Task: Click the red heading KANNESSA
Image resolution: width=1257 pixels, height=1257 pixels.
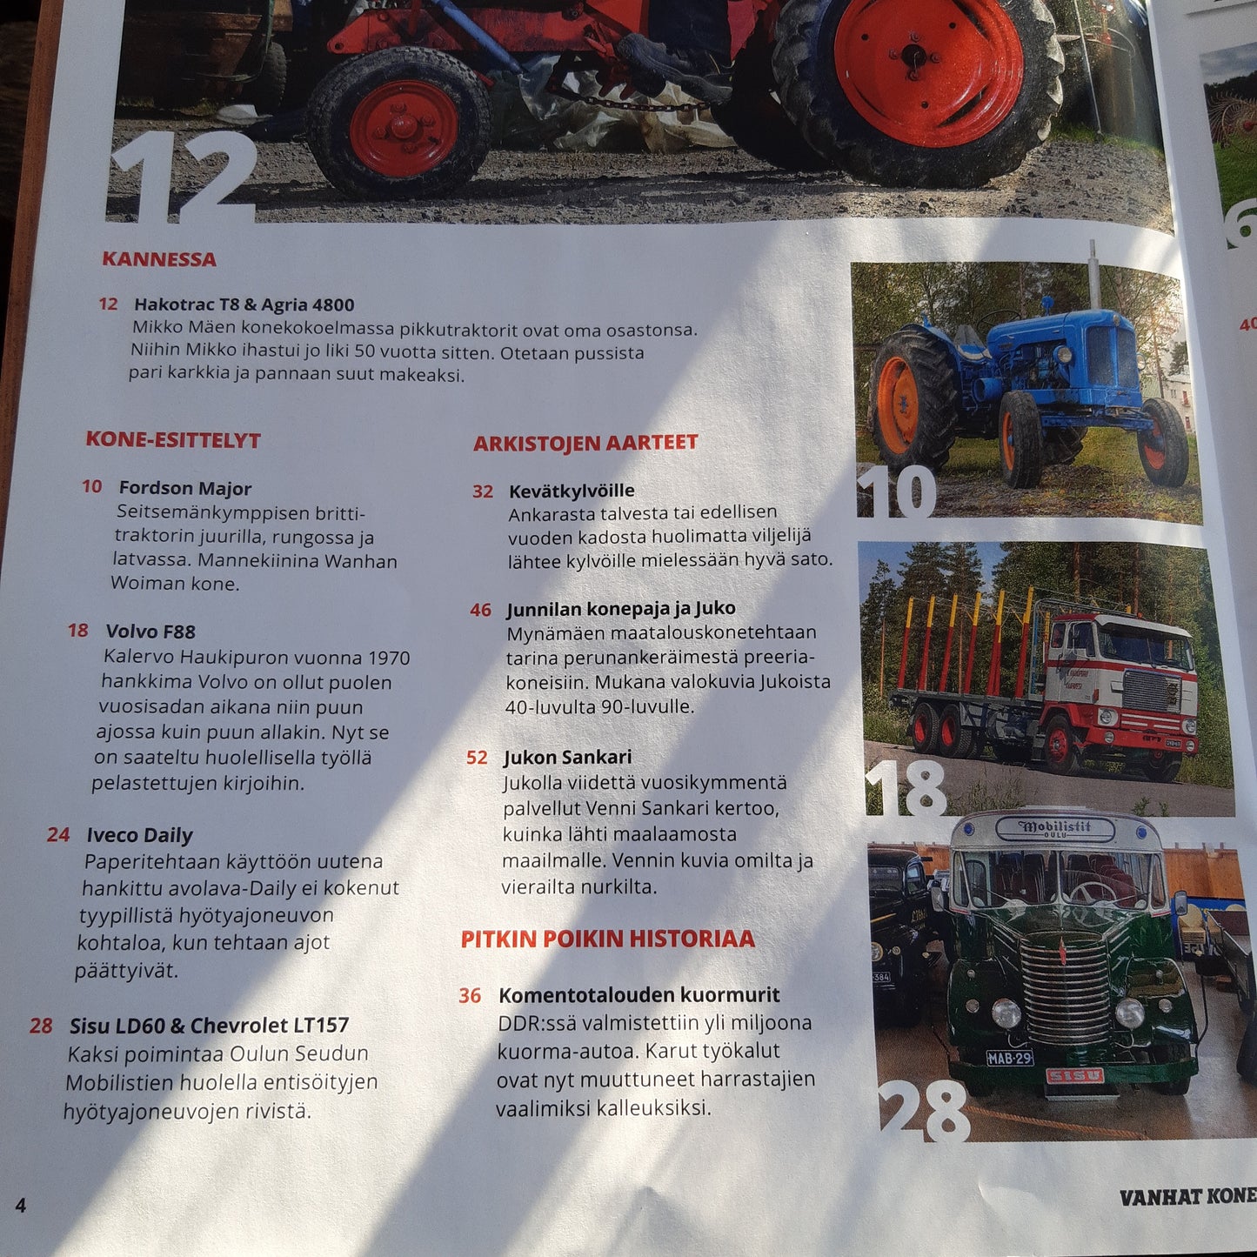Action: (159, 259)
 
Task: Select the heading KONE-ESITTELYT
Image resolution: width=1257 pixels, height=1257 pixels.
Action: (173, 439)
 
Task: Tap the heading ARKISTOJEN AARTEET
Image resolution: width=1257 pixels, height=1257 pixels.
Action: (585, 443)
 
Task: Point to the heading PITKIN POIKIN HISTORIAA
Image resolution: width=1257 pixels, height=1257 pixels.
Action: (607, 939)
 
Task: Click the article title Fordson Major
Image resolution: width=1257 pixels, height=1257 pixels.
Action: (184, 488)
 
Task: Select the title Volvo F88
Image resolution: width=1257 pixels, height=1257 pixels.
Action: (150, 631)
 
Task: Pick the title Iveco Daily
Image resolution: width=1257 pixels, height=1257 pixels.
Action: (139, 835)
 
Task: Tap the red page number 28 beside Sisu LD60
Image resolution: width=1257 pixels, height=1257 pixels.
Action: (40, 1026)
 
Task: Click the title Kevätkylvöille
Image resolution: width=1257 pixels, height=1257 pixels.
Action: (572, 491)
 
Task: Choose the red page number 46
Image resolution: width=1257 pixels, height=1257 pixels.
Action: (481, 610)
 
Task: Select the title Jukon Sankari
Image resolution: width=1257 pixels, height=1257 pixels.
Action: (567, 757)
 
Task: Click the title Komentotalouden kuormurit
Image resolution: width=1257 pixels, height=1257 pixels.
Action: (639, 995)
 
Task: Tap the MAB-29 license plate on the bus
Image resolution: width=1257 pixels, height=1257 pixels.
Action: (1009, 1058)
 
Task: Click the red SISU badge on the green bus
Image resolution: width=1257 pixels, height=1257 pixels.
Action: (1074, 1076)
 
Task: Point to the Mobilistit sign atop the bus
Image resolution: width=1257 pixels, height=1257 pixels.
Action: (1054, 829)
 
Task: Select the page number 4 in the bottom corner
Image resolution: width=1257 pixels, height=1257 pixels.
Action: (21, 1206)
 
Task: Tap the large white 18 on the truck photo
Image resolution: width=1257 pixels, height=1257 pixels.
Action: (906, 788)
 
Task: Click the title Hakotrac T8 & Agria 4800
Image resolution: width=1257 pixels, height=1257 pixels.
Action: (244, 304)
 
